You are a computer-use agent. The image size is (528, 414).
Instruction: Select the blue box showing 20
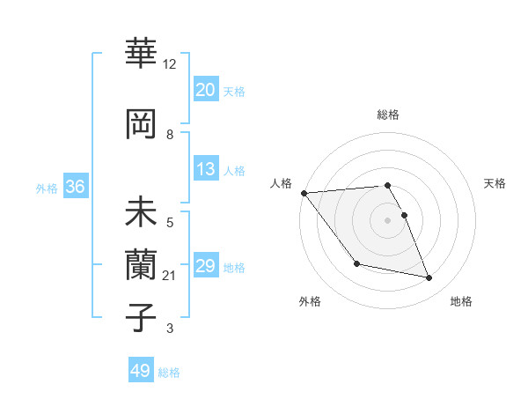pos(206,90)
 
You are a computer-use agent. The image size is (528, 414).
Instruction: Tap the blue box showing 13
pos(206,169)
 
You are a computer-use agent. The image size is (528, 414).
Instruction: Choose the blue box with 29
pos(206,266)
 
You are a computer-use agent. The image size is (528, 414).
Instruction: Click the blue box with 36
pos(75,187)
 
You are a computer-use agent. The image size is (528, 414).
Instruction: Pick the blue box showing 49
pos(141,371)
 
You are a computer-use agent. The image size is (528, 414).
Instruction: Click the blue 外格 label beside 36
pos(47,188)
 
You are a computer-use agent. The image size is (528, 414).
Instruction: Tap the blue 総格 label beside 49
pos(170,372)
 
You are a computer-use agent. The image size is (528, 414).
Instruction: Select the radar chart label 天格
pos(495,183)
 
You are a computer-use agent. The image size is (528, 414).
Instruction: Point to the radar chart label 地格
pos(461,301)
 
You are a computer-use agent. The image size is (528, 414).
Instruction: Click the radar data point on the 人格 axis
pos(304,193)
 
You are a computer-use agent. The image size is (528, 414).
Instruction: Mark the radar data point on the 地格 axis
pos(429,278)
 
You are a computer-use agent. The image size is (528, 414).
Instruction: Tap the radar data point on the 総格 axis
pos(387,185)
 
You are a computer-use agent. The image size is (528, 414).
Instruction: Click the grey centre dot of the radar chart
pos(387,220)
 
